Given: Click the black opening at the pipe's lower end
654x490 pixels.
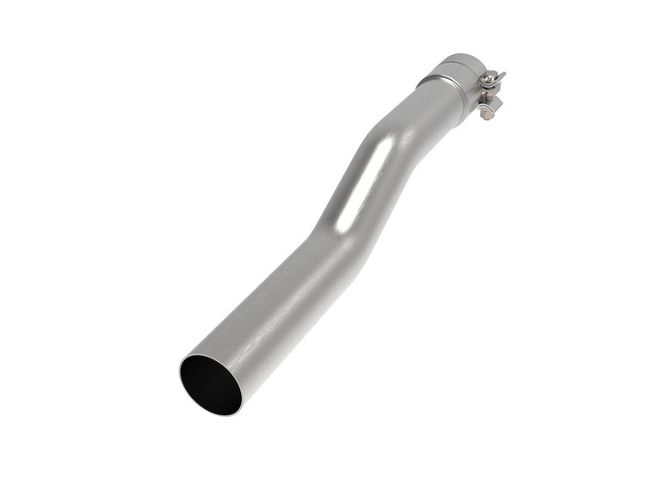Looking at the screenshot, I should (211, 383).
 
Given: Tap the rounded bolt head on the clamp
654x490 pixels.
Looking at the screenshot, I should (490, 79).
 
